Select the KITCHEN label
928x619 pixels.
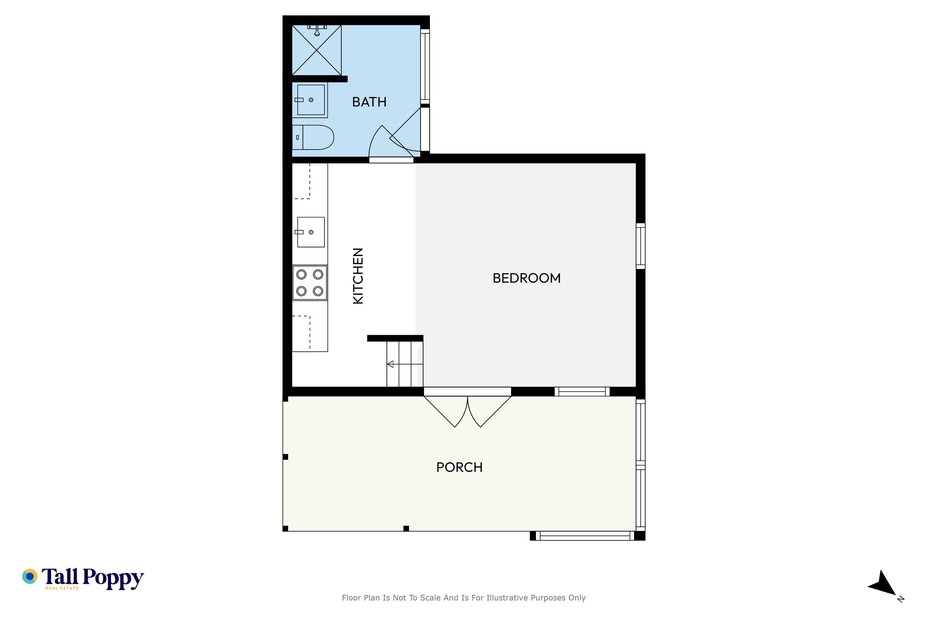[357, 276]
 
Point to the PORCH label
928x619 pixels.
[459, 467]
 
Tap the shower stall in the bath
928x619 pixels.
[316, 50]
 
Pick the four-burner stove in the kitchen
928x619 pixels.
[310, 283]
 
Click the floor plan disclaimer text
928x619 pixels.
[464, 598]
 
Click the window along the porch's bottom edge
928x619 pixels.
[585, 536]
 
